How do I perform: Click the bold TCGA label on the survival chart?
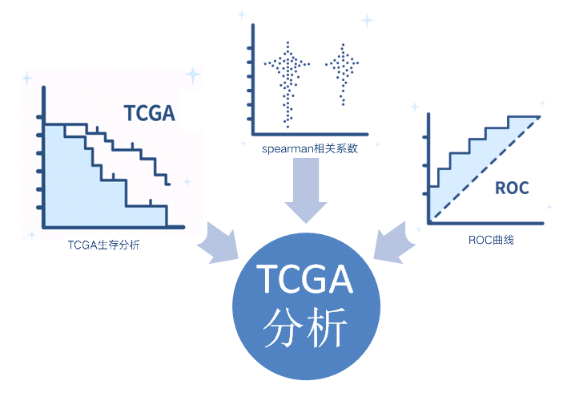149,112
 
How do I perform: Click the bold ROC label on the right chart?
512,189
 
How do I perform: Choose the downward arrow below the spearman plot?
306,189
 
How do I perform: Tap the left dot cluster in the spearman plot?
287,80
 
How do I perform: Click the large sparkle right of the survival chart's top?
193,75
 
